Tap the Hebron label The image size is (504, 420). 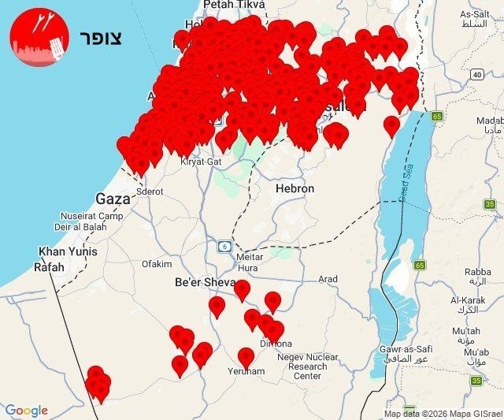tap(295, 189)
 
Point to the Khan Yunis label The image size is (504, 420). tap(69, 251)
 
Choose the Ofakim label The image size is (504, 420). tap(156, 264)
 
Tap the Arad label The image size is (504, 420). tap(328, 279)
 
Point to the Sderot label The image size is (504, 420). tap(149, 191)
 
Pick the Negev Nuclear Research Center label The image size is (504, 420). tap(307, 366)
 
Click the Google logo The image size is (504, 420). tap(26, 411)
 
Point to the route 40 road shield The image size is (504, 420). tap(476, 74)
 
